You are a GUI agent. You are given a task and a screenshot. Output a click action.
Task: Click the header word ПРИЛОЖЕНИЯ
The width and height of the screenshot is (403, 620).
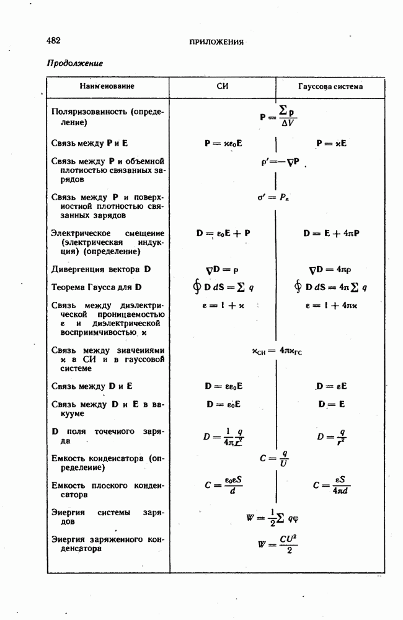[x=216, y=42]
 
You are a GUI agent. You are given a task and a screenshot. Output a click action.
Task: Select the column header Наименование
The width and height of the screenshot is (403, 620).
[x=107, y=86]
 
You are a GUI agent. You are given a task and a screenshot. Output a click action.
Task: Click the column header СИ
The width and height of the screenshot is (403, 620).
[x=222, y=86]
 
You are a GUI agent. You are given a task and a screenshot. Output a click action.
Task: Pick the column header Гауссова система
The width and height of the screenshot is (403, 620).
[x=330, y=86]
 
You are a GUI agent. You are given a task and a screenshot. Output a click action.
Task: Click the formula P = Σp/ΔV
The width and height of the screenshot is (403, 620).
[x=278, y=116]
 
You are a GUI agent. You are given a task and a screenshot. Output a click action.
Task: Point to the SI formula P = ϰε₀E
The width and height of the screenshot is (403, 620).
[x=223, y=143]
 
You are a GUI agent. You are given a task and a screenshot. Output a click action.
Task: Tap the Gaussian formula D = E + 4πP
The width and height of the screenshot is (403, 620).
[x=332, y=234]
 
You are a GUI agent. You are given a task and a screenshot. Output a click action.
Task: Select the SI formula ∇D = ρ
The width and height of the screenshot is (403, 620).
[x=222, y=270]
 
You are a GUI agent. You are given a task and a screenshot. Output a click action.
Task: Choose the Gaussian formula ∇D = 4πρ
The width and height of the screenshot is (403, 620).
[x=330, y=270]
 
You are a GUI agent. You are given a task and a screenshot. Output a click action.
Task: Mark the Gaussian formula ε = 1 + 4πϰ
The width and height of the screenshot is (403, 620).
[x=332, y=306]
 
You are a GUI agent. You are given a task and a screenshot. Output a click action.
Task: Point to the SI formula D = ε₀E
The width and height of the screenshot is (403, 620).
[x=223, y=404]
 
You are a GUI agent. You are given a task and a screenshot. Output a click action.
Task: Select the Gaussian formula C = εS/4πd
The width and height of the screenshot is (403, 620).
[x=332, y=486]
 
